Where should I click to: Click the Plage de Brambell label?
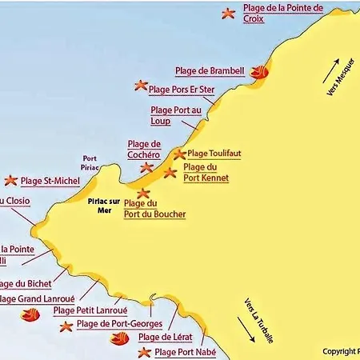209,70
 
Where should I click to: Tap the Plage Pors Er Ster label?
182,90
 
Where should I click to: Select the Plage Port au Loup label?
172,115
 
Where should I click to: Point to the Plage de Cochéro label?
144,149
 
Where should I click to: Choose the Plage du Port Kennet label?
206,172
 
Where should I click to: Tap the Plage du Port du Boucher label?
155,210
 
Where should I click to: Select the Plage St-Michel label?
50,181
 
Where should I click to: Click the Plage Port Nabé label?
185,352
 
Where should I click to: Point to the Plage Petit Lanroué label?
90,310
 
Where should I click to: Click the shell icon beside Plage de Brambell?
258,71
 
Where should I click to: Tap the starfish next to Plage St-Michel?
10,181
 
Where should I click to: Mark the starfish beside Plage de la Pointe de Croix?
229,13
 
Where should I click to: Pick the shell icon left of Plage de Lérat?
118,338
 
